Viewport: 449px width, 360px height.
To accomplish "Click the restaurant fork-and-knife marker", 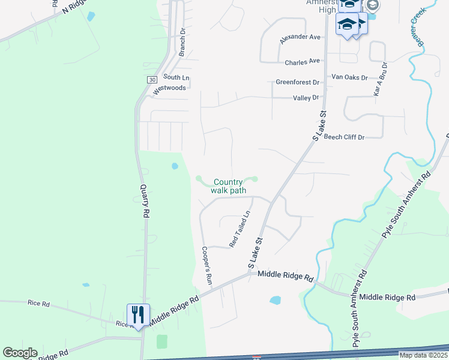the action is pos(138,314).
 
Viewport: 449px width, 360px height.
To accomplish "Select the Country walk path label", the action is pos(228,186).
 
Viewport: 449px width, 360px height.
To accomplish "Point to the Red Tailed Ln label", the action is pos(240,229).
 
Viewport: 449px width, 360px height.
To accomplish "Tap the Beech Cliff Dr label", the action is pos(345,137).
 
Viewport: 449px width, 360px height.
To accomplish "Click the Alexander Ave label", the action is pos(301,38).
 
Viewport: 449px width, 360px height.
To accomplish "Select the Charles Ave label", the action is pos(303,62).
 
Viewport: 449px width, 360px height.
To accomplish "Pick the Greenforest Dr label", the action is pos(298,82).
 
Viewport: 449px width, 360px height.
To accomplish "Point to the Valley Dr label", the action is pos(305,98).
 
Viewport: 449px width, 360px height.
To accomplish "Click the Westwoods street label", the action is pos(170,88).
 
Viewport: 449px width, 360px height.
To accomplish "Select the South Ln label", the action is pos(176,77).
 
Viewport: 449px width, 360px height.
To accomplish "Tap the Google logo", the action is pos(20,352).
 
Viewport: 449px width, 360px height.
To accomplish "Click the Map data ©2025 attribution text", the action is pos(423,355).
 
